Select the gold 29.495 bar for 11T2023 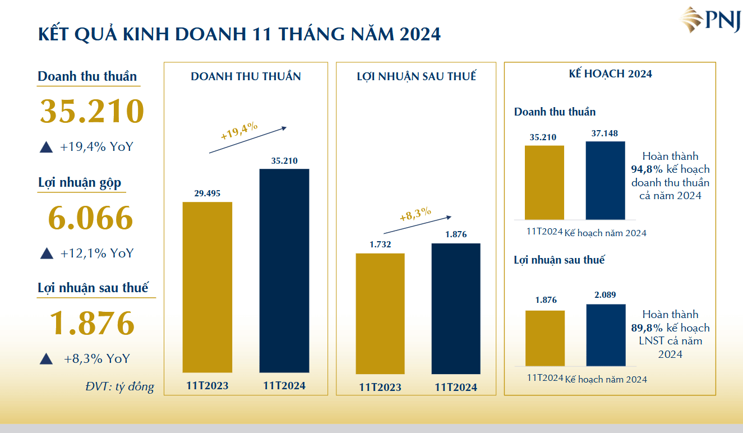(207, 287)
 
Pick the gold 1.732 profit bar (380, 314)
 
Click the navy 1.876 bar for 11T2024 (456, 308)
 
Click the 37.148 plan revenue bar (605, 180)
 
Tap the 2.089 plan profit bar (606, 335)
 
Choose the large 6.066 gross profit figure (91, 219)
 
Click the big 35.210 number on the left (92, 111)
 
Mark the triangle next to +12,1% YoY (47, 253)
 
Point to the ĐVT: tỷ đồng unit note (120, 386)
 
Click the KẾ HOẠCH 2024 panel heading (610, 73)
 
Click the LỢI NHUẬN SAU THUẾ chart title (416, 77)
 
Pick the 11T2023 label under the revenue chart (207, 386)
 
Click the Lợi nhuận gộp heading (80, 183)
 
